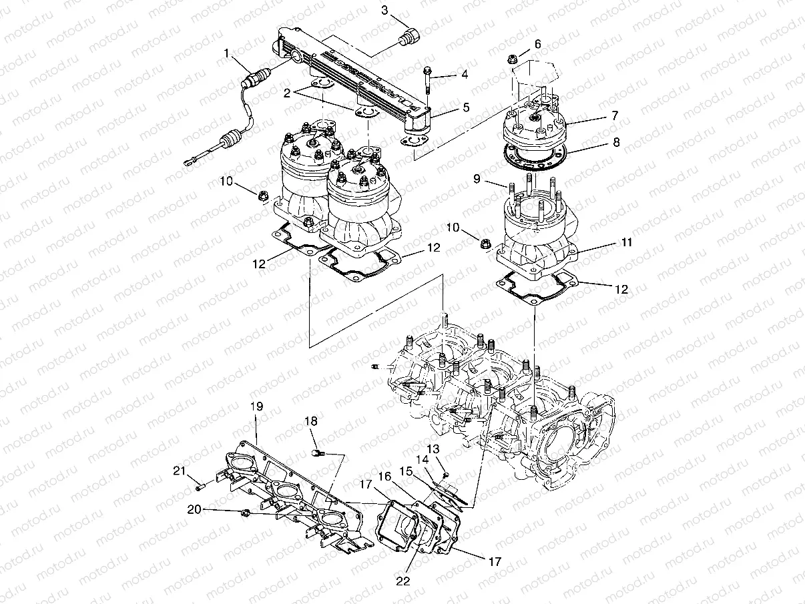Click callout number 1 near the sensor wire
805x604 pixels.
(227, 53)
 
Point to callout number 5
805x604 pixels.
(465, 106)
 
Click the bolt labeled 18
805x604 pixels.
(317, 453)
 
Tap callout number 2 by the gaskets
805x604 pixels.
(287, 93)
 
